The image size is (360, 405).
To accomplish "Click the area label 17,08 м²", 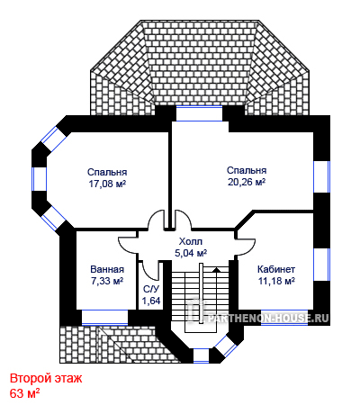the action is [107, 184].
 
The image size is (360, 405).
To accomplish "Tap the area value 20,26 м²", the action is [247, 182].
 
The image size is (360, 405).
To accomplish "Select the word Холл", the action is [191, 241].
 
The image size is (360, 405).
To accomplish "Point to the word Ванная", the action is [107, 269].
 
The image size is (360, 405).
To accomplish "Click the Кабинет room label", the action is [276, 269].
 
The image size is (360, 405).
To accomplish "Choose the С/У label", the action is [151, 289].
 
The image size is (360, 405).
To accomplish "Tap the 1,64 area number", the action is [151, 301].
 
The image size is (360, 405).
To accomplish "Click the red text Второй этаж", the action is [46, 379].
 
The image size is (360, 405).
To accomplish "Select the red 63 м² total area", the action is [25, 393].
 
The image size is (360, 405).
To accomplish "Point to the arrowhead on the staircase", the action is [216, 269].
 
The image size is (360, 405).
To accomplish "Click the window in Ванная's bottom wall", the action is [104, 317].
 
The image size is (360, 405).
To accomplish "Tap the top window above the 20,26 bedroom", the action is [199, 113].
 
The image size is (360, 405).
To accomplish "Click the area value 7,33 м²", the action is [107, 281].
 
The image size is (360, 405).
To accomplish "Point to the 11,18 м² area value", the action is [276, 281].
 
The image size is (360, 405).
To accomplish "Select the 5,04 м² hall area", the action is [191, 253].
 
